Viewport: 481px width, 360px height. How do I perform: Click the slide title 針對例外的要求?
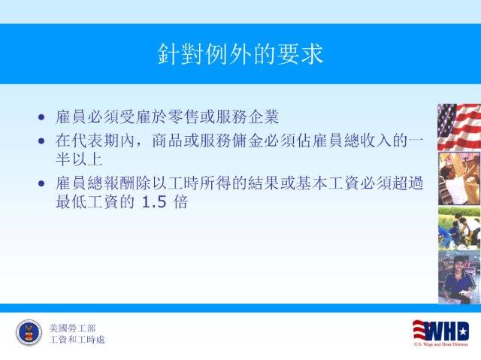click(x=240, y=54)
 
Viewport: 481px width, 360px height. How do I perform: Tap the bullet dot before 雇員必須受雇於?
click(x=41, y=117)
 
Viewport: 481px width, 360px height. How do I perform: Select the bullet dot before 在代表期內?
click(x=41, y=141)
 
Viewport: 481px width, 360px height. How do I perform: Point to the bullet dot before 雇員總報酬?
click(x=41, y=183)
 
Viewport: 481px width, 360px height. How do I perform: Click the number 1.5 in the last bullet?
click(x=154, y=202)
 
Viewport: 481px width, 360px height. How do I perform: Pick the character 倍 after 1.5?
click(x=180, y=201)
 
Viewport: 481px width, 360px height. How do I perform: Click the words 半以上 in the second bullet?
click(x=79, y=159)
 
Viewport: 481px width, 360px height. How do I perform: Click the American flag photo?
click(x=459, y=127)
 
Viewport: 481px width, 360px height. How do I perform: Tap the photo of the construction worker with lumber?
click(x=459, y=178)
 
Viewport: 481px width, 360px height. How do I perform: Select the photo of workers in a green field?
click(x=459, y=228)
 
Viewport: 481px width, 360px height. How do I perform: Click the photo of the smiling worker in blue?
click(x=459, y=277)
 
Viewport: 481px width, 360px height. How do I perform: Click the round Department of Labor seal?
click(x=29, y=333)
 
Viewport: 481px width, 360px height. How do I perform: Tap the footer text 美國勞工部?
click(x=72, y=328)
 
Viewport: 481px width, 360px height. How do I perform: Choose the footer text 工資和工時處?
click(x=77, y=340)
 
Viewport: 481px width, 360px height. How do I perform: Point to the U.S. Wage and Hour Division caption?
click(x=441, y=344)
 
